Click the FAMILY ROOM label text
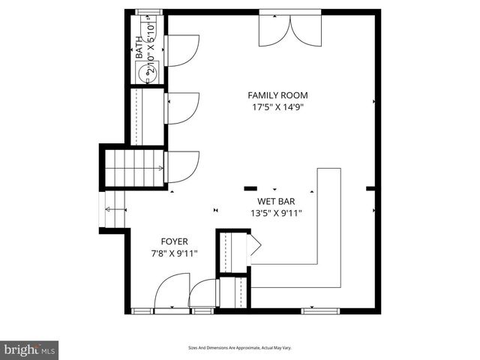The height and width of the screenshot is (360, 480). (277, 95)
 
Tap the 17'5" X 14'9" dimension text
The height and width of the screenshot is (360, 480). (277, 107)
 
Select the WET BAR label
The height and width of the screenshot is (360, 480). (275, 201)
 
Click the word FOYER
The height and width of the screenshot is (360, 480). (174, 241)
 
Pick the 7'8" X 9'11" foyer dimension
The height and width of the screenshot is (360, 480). (174, 253)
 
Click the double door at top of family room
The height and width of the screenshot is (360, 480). (289, 28)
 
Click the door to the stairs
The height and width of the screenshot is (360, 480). (182, 166)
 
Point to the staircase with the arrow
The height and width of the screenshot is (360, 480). (133, 168)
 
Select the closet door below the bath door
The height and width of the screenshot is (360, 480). (182, 107)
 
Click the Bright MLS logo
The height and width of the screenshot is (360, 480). (29, 349)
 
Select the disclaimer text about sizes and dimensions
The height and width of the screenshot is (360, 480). (239, 348)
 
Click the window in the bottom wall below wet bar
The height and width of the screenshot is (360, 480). (320, 310)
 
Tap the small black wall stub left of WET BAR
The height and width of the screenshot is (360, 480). (250, 188)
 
